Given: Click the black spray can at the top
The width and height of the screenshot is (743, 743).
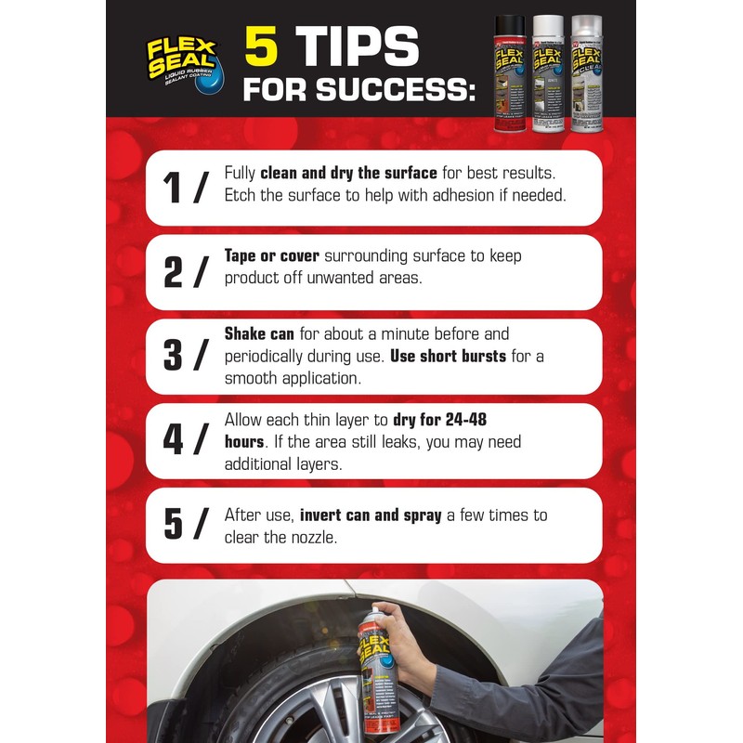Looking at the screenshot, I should [x=509, y=69].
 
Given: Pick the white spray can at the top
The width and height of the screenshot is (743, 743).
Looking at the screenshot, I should [x=548, y=69].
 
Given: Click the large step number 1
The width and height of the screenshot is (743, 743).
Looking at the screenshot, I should [x=173, y=189].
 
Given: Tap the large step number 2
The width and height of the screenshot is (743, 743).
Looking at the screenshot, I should [x=174, y=273].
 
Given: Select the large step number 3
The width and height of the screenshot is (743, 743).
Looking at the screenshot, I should [x=174, y=358].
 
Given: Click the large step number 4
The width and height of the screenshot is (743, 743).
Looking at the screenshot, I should [x=174, y=441].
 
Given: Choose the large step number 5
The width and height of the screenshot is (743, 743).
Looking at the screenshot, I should [x=174, y=526].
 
